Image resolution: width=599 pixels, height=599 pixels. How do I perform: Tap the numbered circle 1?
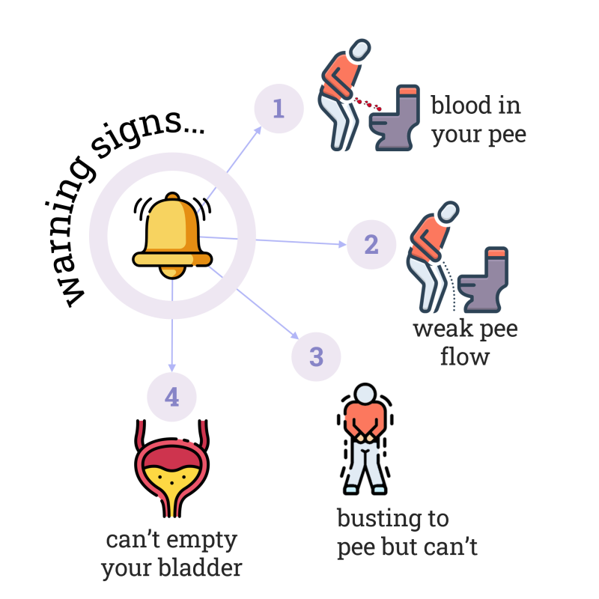click(x=279, y=109)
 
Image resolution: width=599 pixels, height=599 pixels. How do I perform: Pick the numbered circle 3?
click(x=316, y=356)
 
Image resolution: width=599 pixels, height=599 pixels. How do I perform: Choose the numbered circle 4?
click(x=172, y=397)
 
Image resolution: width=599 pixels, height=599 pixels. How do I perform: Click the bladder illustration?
click(x=171, y=469)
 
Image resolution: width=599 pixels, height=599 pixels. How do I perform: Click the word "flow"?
click(x=464, y=356)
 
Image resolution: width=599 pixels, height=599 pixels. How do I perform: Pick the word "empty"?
click(x=199, y=539)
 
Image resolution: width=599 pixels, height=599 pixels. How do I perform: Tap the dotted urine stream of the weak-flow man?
click(x=451, y=288)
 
